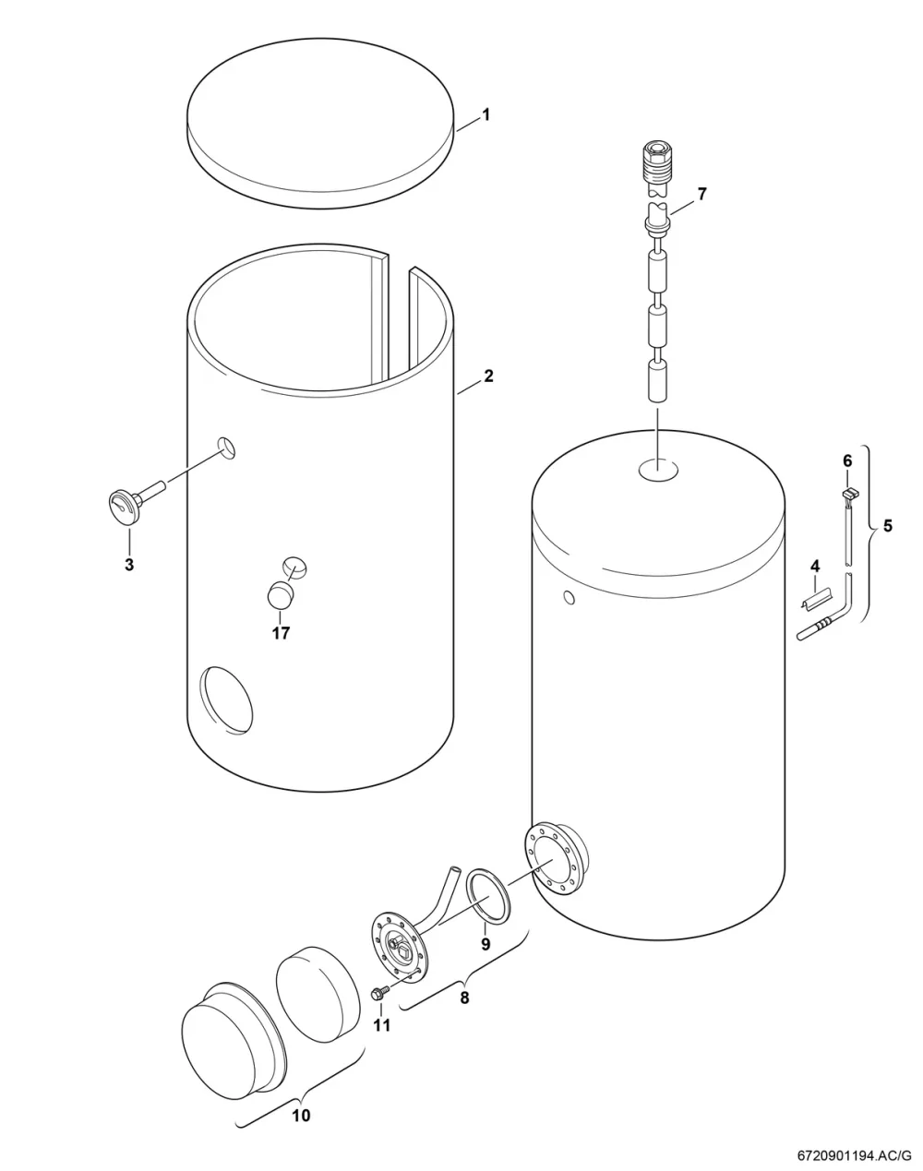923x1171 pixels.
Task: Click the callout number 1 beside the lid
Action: (486, 114)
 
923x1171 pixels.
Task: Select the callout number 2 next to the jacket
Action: (488, 376)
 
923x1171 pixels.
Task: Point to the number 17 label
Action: (281, 633)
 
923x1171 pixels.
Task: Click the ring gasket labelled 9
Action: (487, 892)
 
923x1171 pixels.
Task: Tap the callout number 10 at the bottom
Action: (301, 1115)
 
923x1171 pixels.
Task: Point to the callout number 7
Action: (701, 194)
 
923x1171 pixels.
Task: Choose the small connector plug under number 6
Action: (849, 494)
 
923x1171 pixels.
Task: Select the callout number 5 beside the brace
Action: (888, 526)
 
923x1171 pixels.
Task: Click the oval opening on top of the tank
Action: (658, 468)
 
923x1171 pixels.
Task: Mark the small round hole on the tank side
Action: (569, 599)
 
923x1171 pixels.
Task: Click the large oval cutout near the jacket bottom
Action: (226, 699)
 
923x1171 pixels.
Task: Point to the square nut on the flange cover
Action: (404, 951)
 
